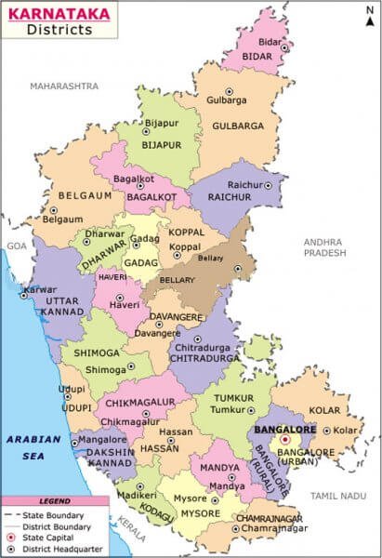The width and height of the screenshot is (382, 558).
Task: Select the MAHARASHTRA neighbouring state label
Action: pos(63,86)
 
